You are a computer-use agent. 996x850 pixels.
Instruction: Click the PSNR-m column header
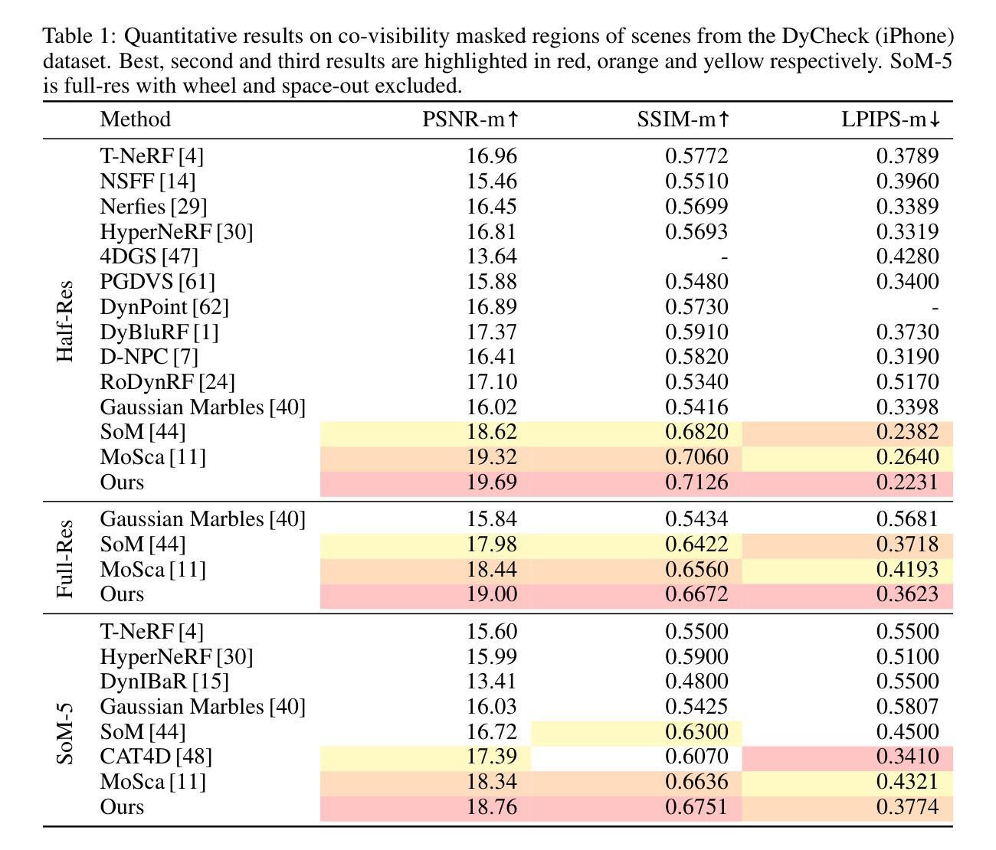pyautogui.click(x=470, y=119)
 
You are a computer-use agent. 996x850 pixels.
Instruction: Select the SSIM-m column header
pyautogui.click(x=683, y=119)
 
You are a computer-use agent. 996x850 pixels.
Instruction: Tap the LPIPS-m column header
pyautogui.click(x=890, y=119)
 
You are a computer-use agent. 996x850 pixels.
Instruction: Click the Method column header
pyautogui.click(x=136, y=119)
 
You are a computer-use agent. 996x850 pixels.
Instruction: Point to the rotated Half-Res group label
pyautogui.click(x=64, y=321)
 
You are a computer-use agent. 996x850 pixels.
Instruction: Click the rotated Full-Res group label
pyautogui.click(x=64, y=559)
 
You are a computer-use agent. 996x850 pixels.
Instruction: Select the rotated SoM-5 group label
pyautogui.click(x=64, y=734)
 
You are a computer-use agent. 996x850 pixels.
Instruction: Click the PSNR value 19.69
pyautogui.click(x=492, y=482)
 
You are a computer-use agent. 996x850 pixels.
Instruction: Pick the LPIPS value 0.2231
pyautogui.click(x=907, y=482)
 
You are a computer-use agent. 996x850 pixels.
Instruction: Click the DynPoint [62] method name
pyautogui.click(x=164, y=307)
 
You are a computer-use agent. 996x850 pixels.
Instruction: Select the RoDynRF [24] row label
pyautogui.click(x=167, y=382)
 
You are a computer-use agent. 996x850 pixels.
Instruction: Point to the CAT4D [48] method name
pyautogui.click(x=156, y=757)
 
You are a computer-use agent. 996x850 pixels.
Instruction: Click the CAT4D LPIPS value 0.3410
pyautogui.click(x=907, y=757)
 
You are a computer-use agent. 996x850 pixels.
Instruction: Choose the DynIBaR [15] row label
pyautogui.click(x=164, y=682)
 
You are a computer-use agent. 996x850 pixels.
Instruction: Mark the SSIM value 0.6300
pyautogui.click(x=696, y=732)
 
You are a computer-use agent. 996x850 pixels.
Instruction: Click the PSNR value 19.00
pyautogui.click(x=492, y=594)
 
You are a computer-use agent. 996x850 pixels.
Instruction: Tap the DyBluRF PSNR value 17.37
pyautogui.click(x=492, y=332)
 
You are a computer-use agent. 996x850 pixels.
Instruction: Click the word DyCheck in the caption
pyautogui.click(x=824, y=36)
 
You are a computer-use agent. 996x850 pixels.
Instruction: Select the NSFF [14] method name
pyautogui.click(x=148, y=181)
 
